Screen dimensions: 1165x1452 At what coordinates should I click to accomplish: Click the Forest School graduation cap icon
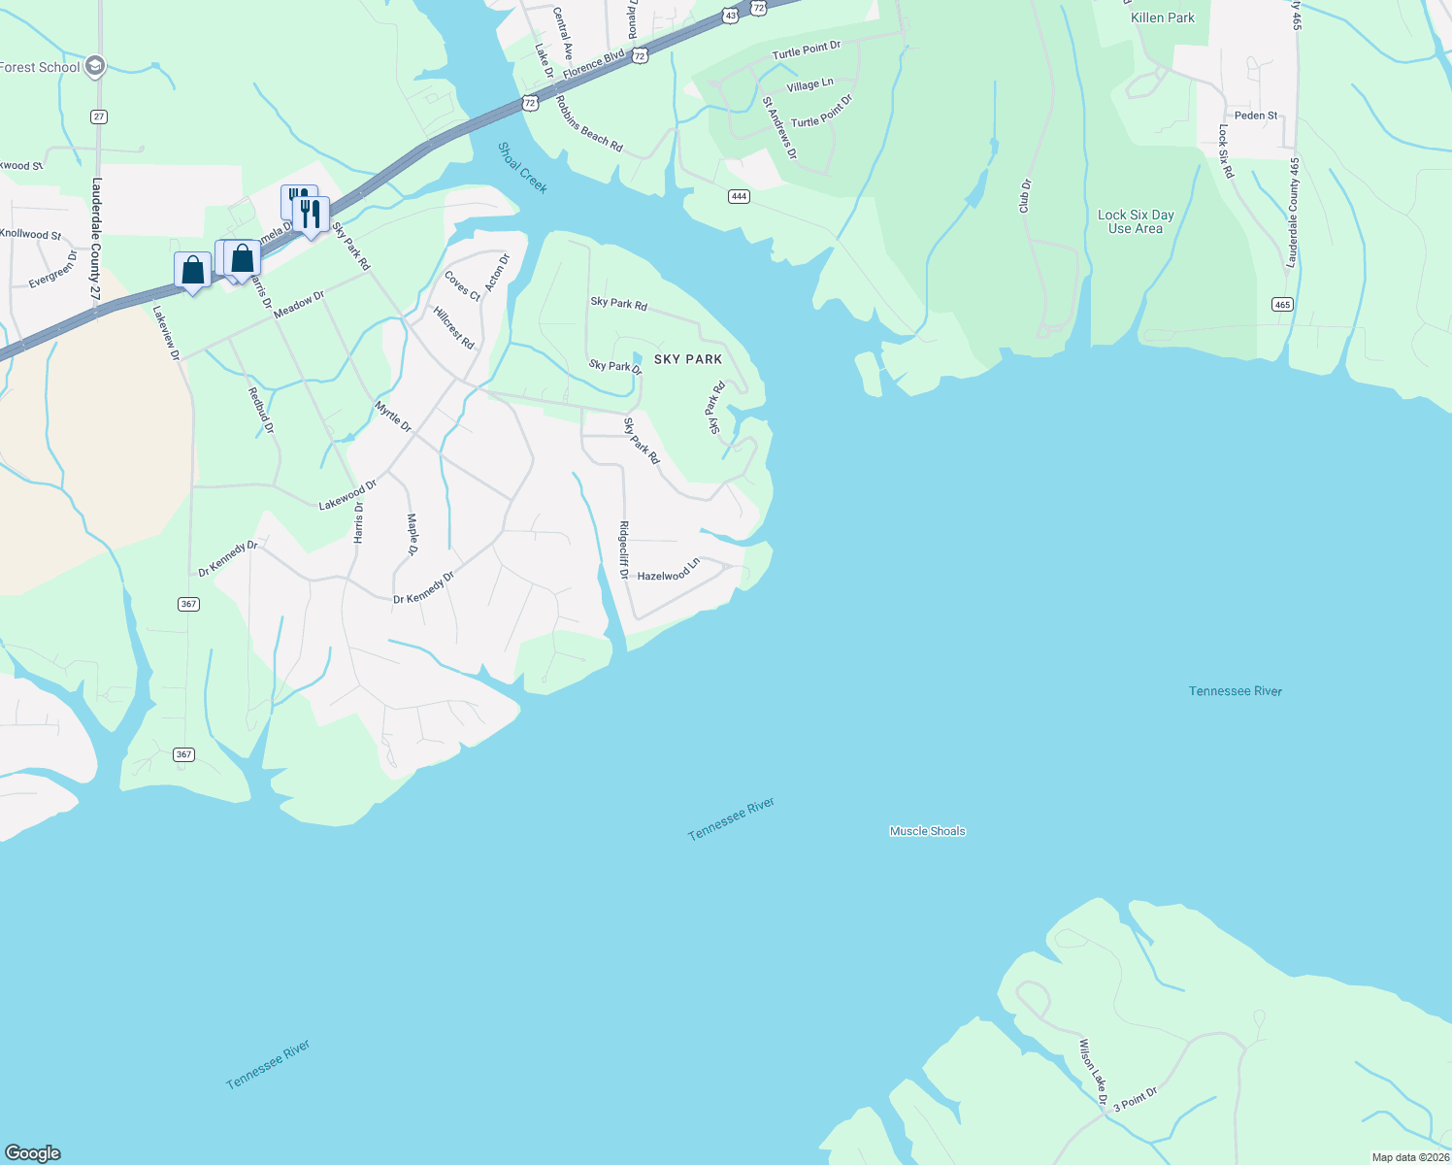[94, 66]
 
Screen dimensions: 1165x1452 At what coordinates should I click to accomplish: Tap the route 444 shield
[739, 196]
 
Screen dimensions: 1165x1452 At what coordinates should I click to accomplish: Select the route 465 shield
[1282, 304]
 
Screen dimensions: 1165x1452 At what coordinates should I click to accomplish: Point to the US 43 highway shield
[729, 16]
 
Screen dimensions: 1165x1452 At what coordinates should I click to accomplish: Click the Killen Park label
[1163, 17]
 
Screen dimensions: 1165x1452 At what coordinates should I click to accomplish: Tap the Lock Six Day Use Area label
[1136, 221]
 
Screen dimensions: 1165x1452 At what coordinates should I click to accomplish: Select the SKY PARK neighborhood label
[688, 359]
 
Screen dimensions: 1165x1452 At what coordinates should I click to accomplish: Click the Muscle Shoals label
[927, 831]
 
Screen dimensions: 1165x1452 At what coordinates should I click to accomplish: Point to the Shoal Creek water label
[522, 167]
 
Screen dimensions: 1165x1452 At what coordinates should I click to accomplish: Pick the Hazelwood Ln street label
[669, 571]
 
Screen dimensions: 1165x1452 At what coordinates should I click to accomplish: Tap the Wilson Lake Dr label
[1093, 1072]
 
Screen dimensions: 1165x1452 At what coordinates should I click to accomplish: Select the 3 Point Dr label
[1135, 1100]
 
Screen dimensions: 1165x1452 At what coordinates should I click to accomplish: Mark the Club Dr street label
[1025, 196]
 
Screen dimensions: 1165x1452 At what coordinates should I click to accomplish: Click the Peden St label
[1256, 116]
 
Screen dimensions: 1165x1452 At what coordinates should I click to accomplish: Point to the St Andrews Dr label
[779, 127]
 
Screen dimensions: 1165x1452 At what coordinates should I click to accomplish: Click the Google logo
[33, 1152]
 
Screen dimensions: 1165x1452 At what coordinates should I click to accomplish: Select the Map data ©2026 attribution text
[1409, 1157]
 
